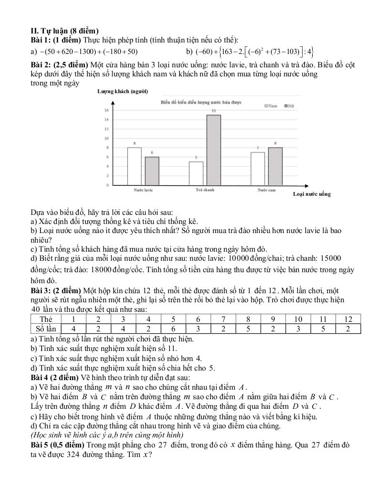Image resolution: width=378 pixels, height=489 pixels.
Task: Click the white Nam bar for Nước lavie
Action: pyautogui.click(x=134, y=166)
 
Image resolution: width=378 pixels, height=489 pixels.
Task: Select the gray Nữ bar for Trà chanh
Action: pyautogui.click(x=213, y=150)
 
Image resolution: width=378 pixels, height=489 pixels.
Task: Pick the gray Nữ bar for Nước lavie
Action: pyautogui.click(x=152, y=171)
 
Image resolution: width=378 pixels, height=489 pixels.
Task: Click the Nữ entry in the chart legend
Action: pyautogui.click(x=288, y=106)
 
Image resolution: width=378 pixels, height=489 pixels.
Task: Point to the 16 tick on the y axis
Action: pyautogui.click(x=106, y=110)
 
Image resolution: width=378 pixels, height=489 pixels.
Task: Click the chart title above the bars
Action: pyautogui.click(x=201, y=102)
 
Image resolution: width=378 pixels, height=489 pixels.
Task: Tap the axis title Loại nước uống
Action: pyautogui.click(x=312, y=194)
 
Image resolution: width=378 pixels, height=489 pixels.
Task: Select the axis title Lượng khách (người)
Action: pyautogui.click(x=123, y=91)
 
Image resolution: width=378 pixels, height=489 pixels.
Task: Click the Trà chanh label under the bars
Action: pyautogui.click(x=205, y=190)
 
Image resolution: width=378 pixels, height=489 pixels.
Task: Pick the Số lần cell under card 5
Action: pyautogui.click(x=174, y=329)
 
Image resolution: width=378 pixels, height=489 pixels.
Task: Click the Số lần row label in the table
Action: pyautogui.click(x=46, y=329)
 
